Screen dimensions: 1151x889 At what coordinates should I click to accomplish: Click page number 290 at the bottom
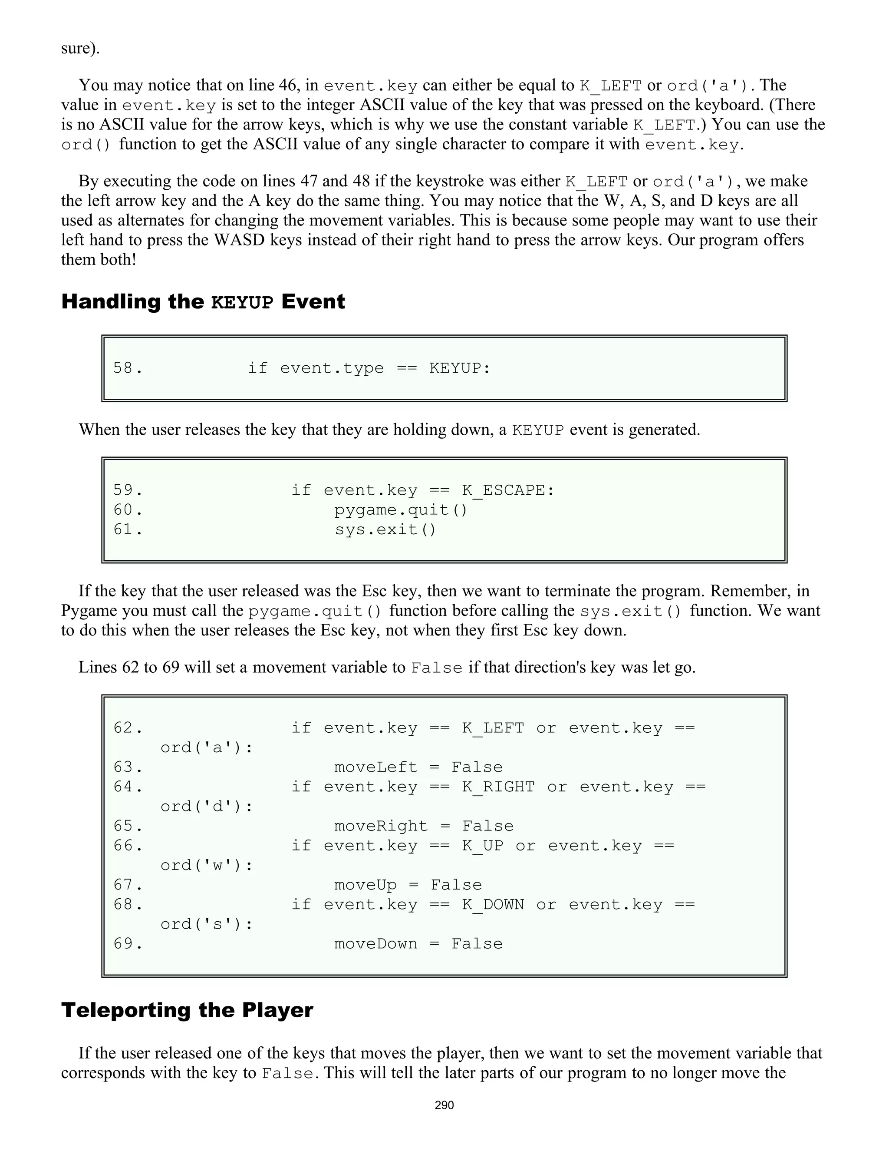pyautogui.click(x=444, y=1105)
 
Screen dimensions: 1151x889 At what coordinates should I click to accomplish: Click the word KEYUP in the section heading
pyautogui.click(x=242, y=302)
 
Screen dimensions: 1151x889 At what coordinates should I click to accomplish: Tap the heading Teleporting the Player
pyautogui.click(x=187, y=1010)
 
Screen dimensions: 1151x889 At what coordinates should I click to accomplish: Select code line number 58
pyautogui.click(x=128, y=368)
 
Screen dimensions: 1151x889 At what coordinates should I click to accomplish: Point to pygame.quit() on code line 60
pyautogui.click(x=401, y=509)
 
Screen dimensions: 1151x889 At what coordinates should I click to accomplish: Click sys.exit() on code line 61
pyautogui.click(x=385, y=529)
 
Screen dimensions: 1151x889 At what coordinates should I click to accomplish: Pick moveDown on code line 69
pyautogui.click(x=375, y=943)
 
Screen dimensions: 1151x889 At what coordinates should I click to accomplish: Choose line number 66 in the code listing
pyautogui.click(x=128, y=846)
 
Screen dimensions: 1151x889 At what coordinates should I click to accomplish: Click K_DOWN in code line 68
pyautogui.click(x=493, y=904)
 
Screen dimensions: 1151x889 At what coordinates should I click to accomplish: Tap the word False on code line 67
pyautogui.click(x=456, y=885)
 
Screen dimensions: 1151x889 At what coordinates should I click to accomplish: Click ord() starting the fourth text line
pyautogui.click(x=86, y=144)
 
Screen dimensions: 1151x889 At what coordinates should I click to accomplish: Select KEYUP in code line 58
pyautogui.click(x=459, y=368)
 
